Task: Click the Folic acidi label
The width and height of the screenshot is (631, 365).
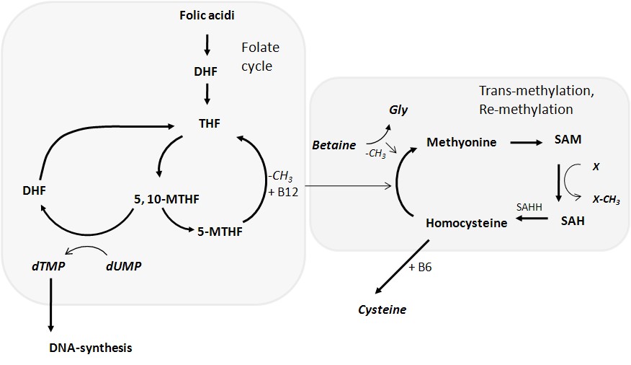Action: click(x=207, y=14)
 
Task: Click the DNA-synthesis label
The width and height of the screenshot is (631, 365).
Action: click(x=91, y=348)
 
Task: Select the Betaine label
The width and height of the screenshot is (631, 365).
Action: click(x=334, y=145)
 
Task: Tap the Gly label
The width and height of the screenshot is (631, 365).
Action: click(x=398, y=110)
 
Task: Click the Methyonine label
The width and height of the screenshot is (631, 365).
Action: click(x=461, y=142)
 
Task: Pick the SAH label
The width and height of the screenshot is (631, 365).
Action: click(x=572, y=221)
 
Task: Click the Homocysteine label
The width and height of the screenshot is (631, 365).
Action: click(x=466, y=223)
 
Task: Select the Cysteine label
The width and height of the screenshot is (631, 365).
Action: click(x=382, y=309)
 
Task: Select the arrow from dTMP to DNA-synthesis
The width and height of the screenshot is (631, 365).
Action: click(x=50, y=304)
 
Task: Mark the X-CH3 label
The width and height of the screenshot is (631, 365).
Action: click(x=606, y=201)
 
